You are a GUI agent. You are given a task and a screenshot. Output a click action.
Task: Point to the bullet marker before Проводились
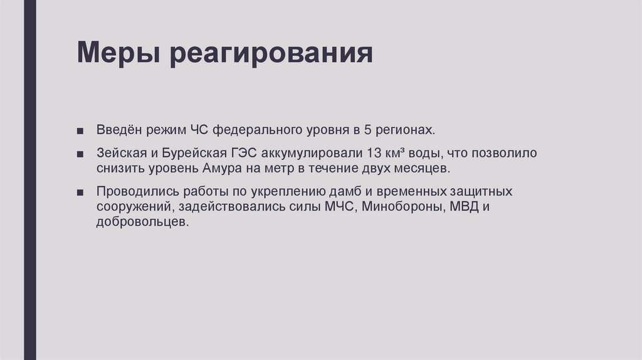pos(82,192)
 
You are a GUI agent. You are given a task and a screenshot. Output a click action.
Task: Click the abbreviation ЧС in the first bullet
pos(197,130)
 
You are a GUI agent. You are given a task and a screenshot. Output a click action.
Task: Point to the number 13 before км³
pos(372,153)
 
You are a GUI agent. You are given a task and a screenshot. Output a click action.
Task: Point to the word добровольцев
pos(142,222)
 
